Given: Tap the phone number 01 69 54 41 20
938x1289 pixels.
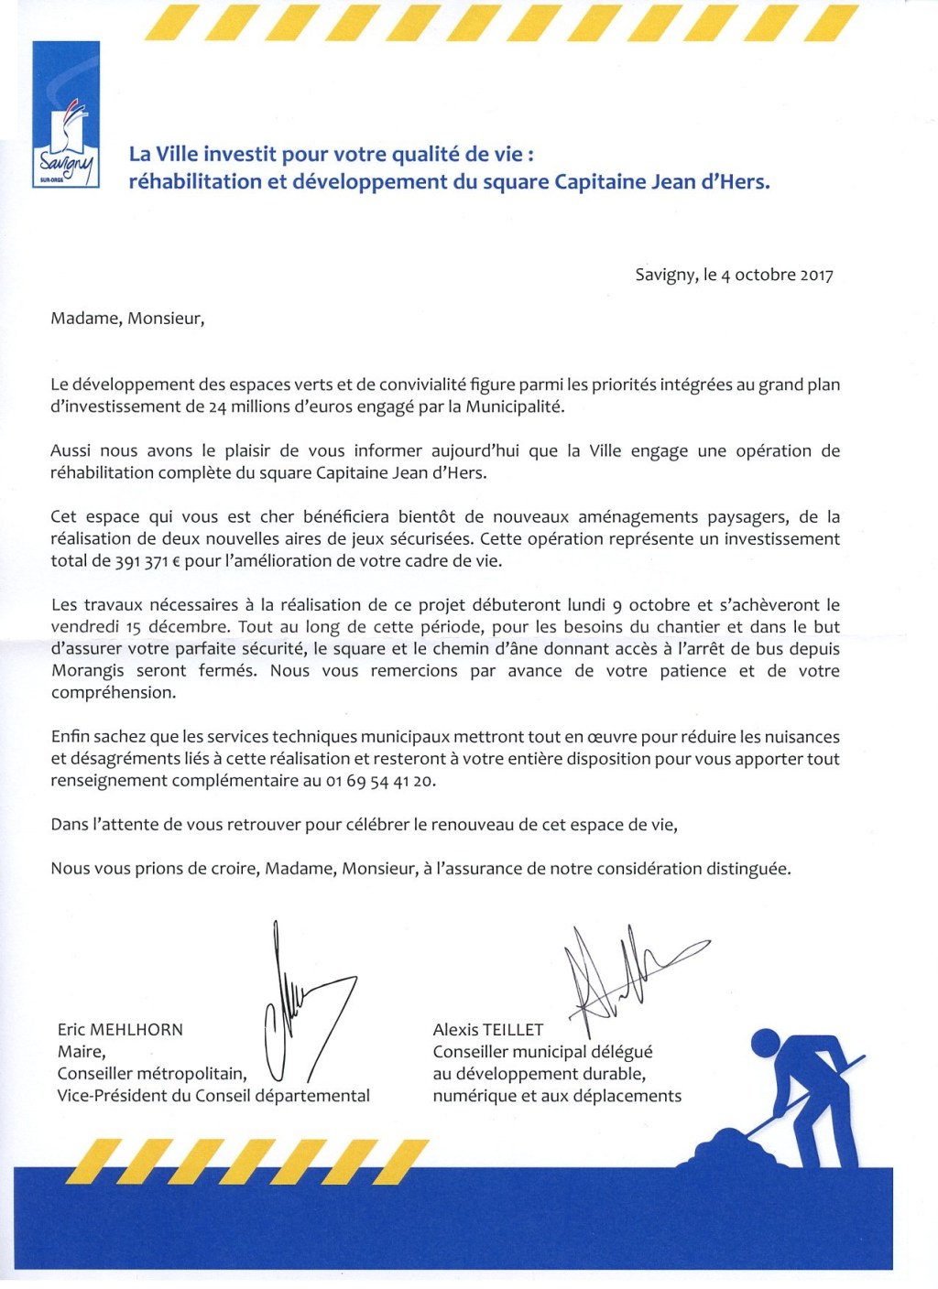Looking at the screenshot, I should pos(381,781).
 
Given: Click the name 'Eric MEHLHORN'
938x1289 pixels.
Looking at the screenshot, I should pos(120,1030).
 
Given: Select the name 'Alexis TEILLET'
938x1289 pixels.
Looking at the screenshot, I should pos(488,1030).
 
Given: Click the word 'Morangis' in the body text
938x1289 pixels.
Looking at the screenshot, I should pos(88,671).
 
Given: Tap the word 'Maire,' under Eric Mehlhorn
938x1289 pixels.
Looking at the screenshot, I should pos(82,1052).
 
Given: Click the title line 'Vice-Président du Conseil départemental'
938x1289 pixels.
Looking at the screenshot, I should pos(213,1096).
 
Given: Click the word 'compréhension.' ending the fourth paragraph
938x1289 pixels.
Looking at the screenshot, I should pos(112,693).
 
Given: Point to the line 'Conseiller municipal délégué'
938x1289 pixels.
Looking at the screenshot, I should pos(542,1052).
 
